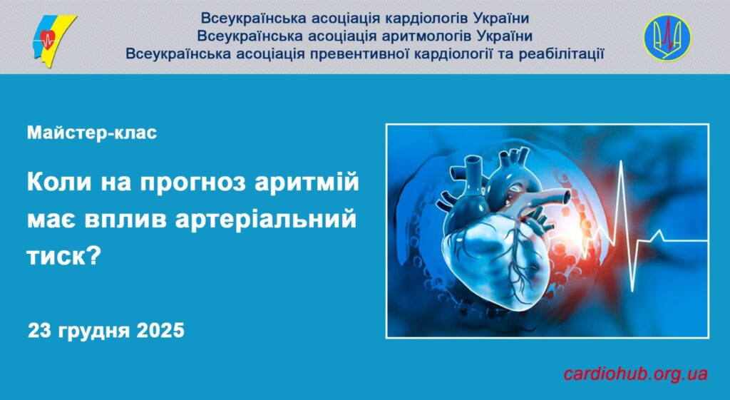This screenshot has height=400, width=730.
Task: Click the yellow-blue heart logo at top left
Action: (x=53, y=41)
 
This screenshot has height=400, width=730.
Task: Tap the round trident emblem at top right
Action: (x=667, y=37)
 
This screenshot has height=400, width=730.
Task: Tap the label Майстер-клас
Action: (x=92, y=133)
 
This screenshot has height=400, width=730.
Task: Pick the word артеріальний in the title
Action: (x=265, y=220)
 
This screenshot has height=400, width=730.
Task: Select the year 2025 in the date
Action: (x=160, y=331)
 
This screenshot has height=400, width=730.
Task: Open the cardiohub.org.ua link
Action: (x=635, y=374)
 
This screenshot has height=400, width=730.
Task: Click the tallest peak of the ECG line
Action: (x=622, y=161)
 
